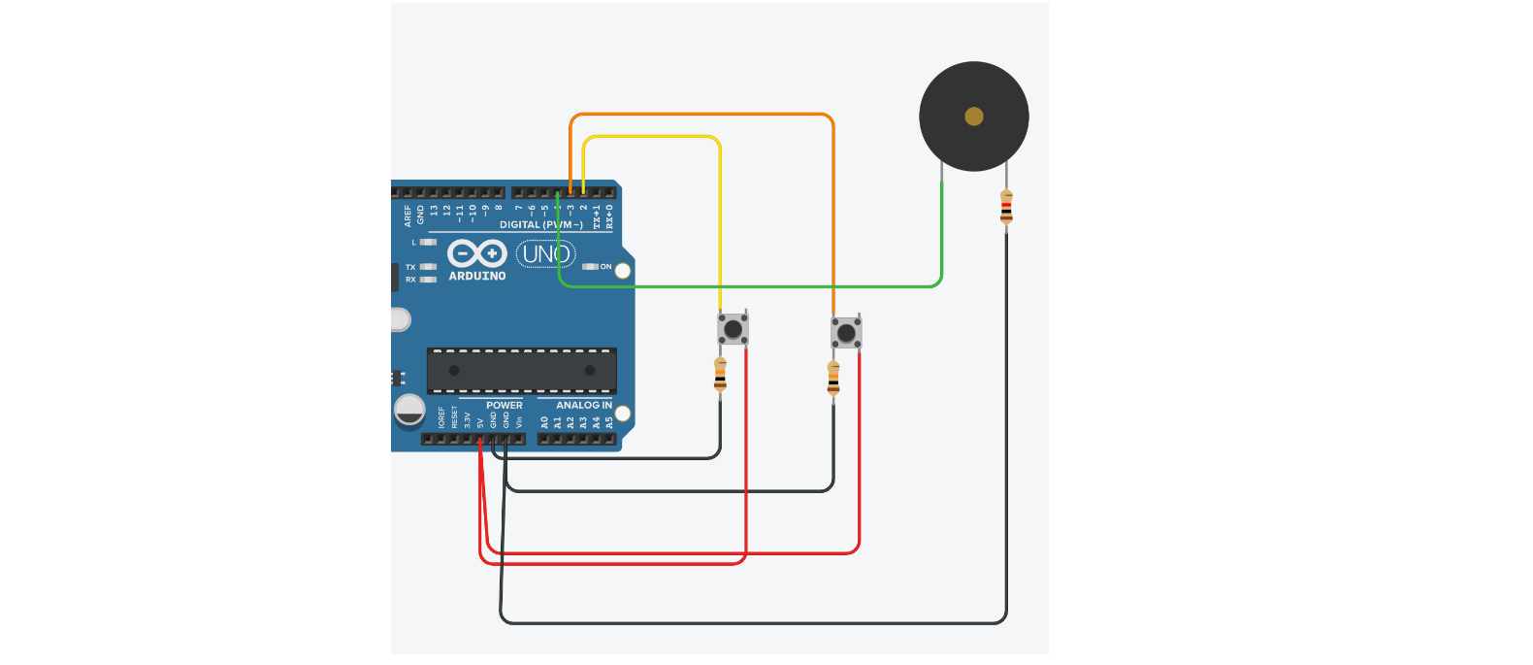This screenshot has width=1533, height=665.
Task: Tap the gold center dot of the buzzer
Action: [x=974, y=116]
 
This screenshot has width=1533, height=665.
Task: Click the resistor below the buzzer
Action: [x=1006, y=208]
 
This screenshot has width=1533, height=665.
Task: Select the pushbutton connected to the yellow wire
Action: [x=733, y=329]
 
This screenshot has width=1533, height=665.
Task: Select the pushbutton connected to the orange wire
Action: [x=846, y=333]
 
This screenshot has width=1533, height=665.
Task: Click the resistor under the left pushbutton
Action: [x=720, y=375]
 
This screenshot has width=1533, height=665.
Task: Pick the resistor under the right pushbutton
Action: [x=833, y=379]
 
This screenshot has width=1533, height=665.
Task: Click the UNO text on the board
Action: [x=546, y=254]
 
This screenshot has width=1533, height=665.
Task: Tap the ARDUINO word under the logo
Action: [x=476, y=276]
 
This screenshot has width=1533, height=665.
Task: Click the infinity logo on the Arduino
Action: [x=476, y=253]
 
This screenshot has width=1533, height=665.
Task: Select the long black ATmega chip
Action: [x=521, y=370]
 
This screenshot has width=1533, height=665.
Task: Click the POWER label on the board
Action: [x=504, y=405]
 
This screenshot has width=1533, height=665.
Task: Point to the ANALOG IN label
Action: [x=583, y=405]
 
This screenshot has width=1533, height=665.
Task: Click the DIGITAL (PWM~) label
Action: [x=540, y=224]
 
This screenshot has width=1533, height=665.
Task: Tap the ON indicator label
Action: [x=605, y=266]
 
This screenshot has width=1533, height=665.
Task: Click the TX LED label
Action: [x=410, y=267]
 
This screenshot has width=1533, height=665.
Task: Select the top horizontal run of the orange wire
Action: [x=699, y=115]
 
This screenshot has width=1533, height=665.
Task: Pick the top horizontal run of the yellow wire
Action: [x=650, y=137]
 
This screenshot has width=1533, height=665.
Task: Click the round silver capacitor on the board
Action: [x=409, y=410]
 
